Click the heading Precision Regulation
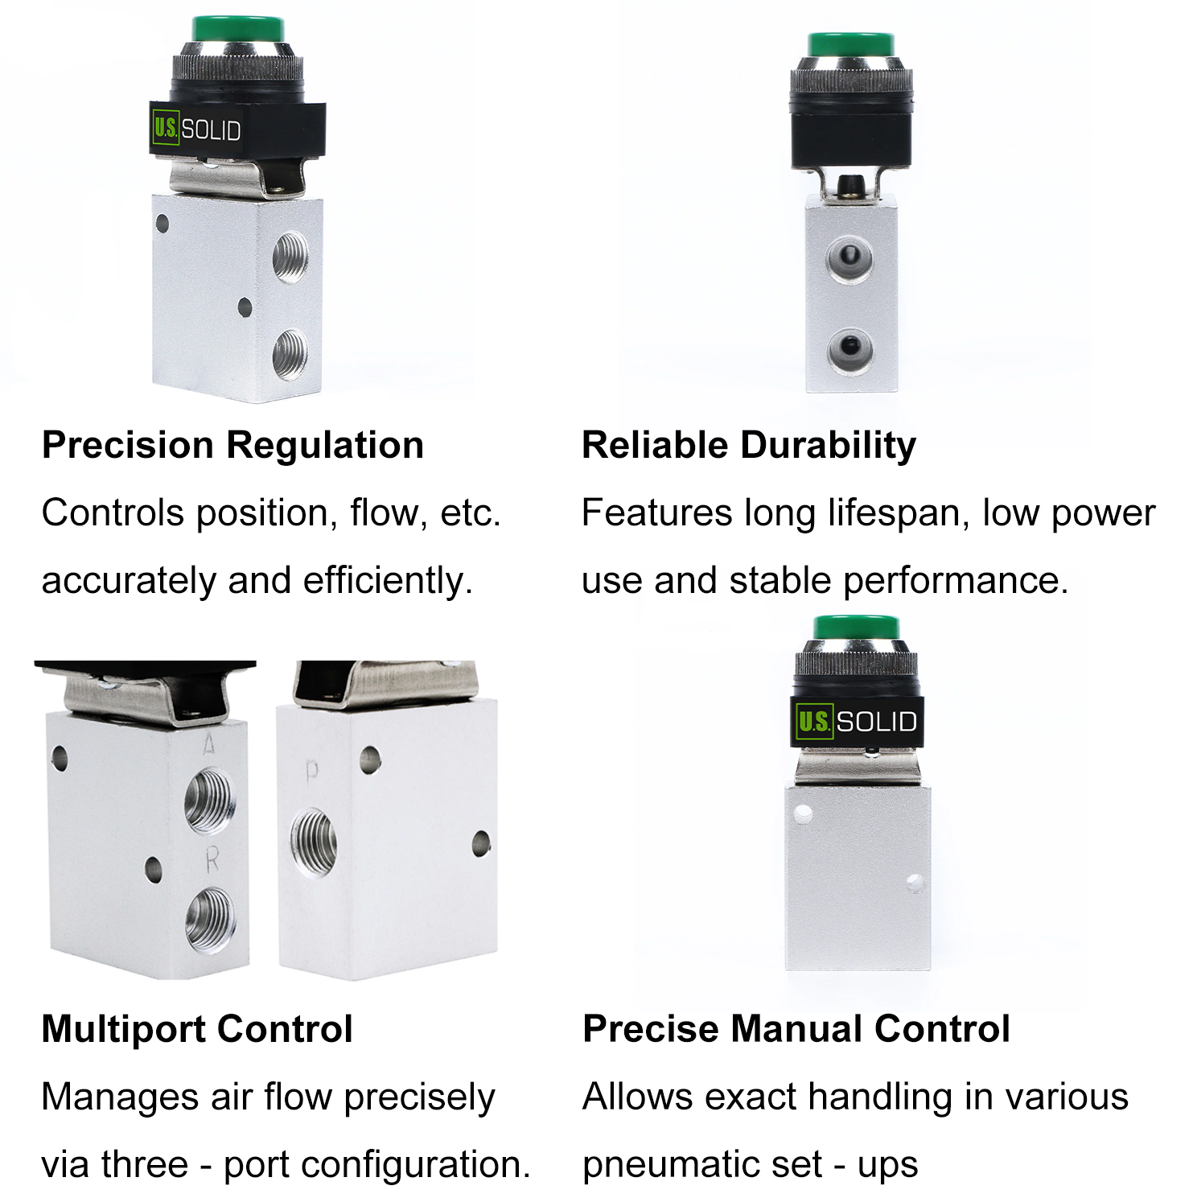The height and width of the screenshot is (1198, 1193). point(232,446)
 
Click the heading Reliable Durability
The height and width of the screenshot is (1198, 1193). point(749,446)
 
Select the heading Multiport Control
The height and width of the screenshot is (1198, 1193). point(197,1029)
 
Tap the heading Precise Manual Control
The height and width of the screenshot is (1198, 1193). point(796,1029)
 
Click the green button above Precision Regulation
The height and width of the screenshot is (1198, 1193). point(238,30)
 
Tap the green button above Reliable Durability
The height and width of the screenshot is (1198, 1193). point(851,46)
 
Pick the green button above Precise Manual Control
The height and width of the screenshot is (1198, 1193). point(855,629)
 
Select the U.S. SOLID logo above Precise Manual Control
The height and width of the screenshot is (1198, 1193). point(856,721)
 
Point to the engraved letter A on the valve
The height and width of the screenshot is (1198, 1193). point(209,746)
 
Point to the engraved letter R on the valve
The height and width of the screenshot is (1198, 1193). point(212,862)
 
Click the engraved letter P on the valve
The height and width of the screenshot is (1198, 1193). point(312,772)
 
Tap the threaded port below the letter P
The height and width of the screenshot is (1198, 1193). point(314,842)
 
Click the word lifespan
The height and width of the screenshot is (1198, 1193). point(895,514)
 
